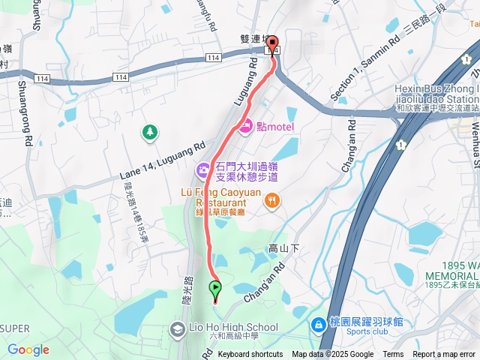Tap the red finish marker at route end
coord(273,44)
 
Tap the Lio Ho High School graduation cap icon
coord(177,328)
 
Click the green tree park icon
coord(151,133)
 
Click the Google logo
coord(28,349)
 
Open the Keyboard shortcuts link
coord(250,355)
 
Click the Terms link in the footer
coord(393,355)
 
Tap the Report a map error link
coord(445,355)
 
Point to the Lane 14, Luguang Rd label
coord(162,162)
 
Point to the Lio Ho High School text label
coord(233,328)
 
